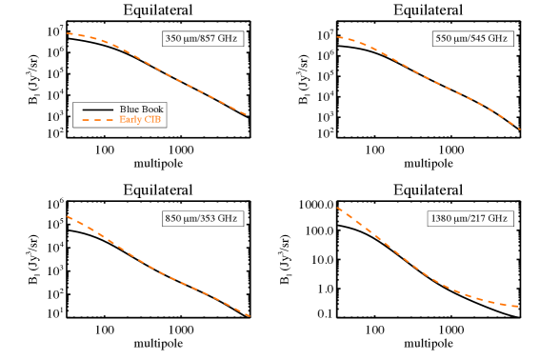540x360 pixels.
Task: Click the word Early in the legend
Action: click(130, 120)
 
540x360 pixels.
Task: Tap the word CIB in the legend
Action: click(152, 120)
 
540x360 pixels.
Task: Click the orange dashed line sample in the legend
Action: click(97, 120)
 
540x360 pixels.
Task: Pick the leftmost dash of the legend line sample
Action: click(85, 120)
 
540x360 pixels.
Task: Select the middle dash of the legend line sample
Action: click(97, 120)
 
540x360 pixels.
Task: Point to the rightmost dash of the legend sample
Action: click(110, 120)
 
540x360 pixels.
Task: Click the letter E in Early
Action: click(122, 120)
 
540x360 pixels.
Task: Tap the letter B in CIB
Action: click(158, 120)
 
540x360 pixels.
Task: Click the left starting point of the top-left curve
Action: click(67, 33)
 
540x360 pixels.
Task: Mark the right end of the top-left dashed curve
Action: click(249, 115)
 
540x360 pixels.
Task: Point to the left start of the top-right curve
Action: click(336, 37)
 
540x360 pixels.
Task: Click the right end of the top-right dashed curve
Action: click(520, 129)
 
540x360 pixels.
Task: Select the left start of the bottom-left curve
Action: click(67, 216)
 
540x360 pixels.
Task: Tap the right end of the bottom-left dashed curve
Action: click(250, 315)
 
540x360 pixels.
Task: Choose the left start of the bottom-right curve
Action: click(336, 207)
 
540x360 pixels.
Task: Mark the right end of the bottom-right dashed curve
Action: click(518, 307)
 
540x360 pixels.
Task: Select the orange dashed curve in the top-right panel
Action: click(429, 79)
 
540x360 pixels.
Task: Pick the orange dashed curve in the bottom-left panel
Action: click(157, 270)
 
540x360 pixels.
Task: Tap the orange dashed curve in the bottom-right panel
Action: click(429, 277)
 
